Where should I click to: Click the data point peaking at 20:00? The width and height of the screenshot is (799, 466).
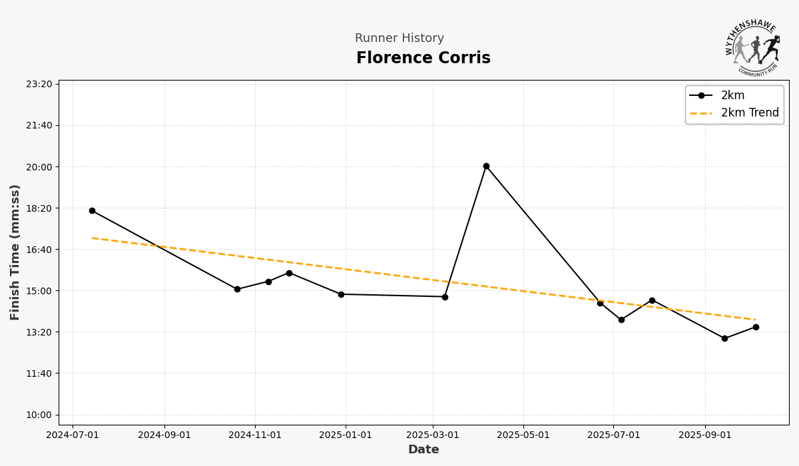point(486,166)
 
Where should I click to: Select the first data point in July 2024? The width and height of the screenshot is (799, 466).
point(92,210)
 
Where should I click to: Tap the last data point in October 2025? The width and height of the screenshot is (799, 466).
point(756,327)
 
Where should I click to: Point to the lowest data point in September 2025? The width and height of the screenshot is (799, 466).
point(724,338)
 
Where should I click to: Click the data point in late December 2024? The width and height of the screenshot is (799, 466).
point(341,294)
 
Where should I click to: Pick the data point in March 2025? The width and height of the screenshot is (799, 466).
point(445,297)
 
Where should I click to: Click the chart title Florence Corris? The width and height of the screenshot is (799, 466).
point(423,59)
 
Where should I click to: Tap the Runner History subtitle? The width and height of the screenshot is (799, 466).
point(399,39)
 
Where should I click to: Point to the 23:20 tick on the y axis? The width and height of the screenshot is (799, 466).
point(39,84)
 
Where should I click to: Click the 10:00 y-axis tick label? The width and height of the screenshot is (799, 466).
point(39,415)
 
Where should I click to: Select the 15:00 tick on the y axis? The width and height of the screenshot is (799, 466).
point(39,291)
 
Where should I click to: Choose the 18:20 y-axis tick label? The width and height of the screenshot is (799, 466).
point(39,208)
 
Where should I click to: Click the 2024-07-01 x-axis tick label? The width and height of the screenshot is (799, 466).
point(73,435)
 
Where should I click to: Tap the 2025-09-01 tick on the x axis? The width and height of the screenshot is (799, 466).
point(705,435)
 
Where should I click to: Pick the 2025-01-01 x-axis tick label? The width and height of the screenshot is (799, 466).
point(346,435)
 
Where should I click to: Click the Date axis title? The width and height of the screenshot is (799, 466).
point(423,450)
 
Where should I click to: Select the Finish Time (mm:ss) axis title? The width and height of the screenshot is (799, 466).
point(15,252)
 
